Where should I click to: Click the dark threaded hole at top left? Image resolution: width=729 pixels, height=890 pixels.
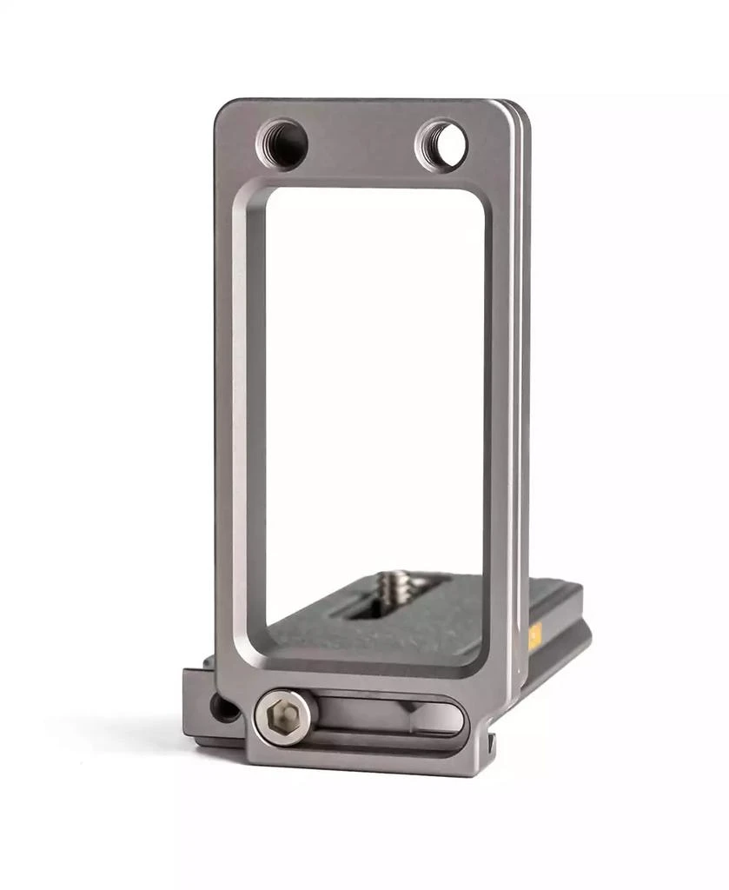pos(282,143)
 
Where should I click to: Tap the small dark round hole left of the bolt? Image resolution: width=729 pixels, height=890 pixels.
pos(224,707)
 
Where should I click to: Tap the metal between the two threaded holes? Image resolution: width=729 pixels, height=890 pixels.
pos(361,143)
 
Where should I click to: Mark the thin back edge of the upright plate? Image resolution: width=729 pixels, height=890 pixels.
pos(523,391)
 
